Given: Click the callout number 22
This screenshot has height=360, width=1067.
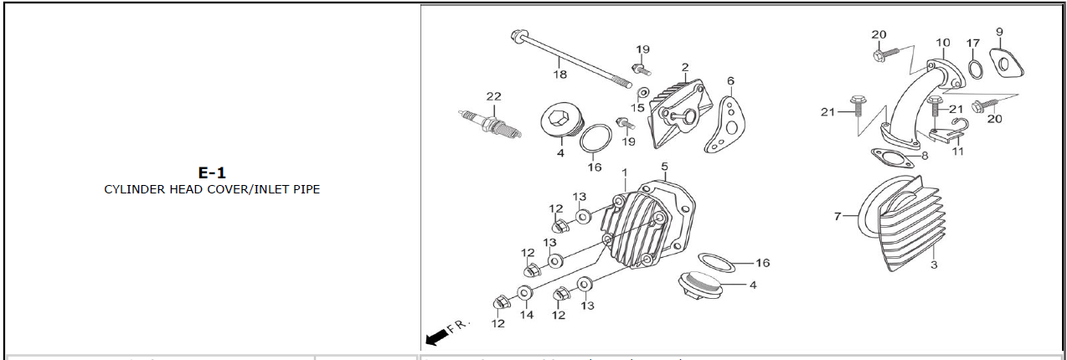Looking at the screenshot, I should [493, 96].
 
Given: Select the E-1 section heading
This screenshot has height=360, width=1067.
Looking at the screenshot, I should [212, 173].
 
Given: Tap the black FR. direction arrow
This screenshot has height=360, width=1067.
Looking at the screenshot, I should [436, 337].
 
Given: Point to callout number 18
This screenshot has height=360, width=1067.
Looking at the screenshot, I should [559, 75].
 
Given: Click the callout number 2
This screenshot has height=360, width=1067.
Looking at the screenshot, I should [685, 67].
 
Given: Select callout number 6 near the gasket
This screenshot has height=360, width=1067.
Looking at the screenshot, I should [730, 81].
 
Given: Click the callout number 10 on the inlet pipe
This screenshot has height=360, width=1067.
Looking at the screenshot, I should [943, 43].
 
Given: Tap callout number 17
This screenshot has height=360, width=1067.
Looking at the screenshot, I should [972, 43].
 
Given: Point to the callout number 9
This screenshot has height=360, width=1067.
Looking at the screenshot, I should [999, 32].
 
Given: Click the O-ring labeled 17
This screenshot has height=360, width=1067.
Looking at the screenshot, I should [976, 67].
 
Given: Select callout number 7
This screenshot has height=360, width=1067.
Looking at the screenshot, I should [837, 217].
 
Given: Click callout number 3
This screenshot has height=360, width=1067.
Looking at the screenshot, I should [934, 265].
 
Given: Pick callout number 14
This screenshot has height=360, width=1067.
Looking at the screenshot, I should [526, 315].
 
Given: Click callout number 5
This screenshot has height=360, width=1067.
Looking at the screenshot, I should [664, 167].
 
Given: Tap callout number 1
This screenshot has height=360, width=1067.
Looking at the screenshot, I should [624, 172].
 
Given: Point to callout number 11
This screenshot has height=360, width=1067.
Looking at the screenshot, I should [958, 152].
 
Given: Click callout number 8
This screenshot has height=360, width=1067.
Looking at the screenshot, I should [925, 156].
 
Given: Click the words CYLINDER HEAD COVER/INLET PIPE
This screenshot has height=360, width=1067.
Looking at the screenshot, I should [212, 189].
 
